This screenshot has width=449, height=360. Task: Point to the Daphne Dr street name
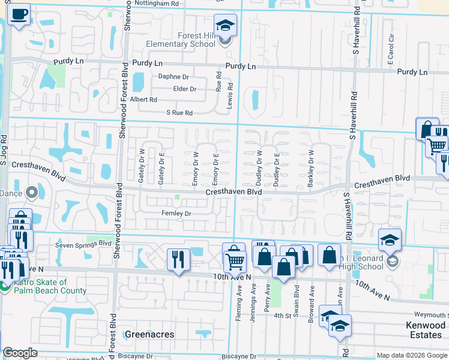click(173, 77)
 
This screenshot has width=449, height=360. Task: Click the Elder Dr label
click(184, 89)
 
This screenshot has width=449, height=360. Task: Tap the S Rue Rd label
click(179, 113)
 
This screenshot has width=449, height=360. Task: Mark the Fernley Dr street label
click(176, 213)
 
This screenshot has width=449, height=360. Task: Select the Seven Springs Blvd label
click(83, 244)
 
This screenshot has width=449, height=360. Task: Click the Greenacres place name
click(149, 334)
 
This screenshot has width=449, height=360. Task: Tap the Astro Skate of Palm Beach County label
click(47, 286)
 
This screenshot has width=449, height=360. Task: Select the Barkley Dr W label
click(311, 169)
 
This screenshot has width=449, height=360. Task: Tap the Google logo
click(20, 353)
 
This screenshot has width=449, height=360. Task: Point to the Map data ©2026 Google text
click(411, 355)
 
